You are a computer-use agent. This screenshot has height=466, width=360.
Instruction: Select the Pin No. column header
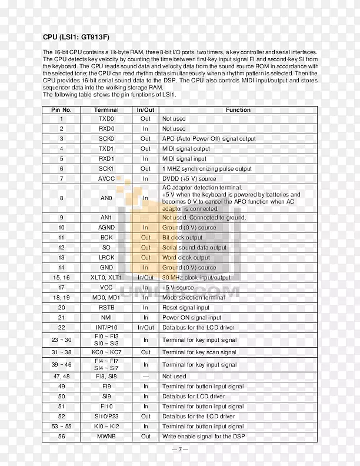tap(61, 109)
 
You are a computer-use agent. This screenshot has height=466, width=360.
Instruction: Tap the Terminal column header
tap(106, 109)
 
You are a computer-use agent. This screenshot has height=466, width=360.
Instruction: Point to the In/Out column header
tap(145, 109)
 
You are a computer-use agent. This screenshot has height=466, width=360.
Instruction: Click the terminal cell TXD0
tap(106, 119)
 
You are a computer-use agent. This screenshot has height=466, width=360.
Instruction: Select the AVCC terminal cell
tap(106, 178)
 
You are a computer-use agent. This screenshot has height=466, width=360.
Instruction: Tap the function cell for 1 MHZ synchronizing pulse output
tap(206, 169)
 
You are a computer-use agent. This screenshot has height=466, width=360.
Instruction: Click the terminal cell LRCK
tap(106, 258)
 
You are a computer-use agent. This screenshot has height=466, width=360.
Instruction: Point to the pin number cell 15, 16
tap(61, 278)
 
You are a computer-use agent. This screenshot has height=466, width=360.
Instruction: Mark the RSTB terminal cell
tap(106, 308)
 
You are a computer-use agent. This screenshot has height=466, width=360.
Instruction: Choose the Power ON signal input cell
tap(190, 318)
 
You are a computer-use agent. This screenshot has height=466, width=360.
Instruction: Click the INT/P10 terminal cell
tap(106, 328)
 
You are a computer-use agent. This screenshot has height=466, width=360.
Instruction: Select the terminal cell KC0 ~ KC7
tap(106, 352)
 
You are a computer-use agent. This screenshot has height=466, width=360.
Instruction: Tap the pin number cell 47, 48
tap(61, 377)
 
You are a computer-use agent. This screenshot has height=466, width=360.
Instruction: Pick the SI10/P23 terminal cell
tap(106, 417)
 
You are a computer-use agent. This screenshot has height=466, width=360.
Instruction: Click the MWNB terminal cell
tap(106, 437)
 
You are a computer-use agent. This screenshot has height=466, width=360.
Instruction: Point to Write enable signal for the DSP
tap(204, 437)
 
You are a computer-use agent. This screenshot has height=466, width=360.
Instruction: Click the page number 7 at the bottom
tap(180, 450)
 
